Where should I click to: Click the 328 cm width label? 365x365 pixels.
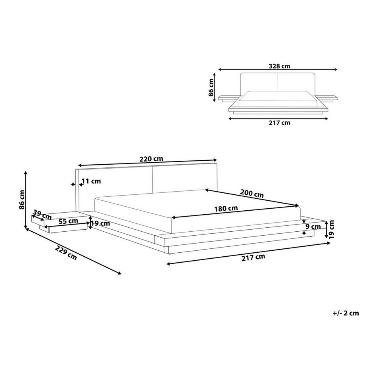pos(278,67)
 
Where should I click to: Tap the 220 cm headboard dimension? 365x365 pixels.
pos(151,159)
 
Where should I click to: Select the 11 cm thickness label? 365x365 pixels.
pos(90,181)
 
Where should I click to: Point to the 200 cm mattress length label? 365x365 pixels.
pos(252,194)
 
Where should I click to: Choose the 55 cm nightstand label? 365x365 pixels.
pos(68,221)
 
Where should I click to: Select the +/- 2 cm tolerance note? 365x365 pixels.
pos(346,313)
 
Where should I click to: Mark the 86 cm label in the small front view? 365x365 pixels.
pos(211,88)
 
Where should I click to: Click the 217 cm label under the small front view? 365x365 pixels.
pos(279,123)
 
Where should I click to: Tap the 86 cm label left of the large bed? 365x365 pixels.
pos(22,200)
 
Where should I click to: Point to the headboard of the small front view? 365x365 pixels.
pos(278,81)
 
